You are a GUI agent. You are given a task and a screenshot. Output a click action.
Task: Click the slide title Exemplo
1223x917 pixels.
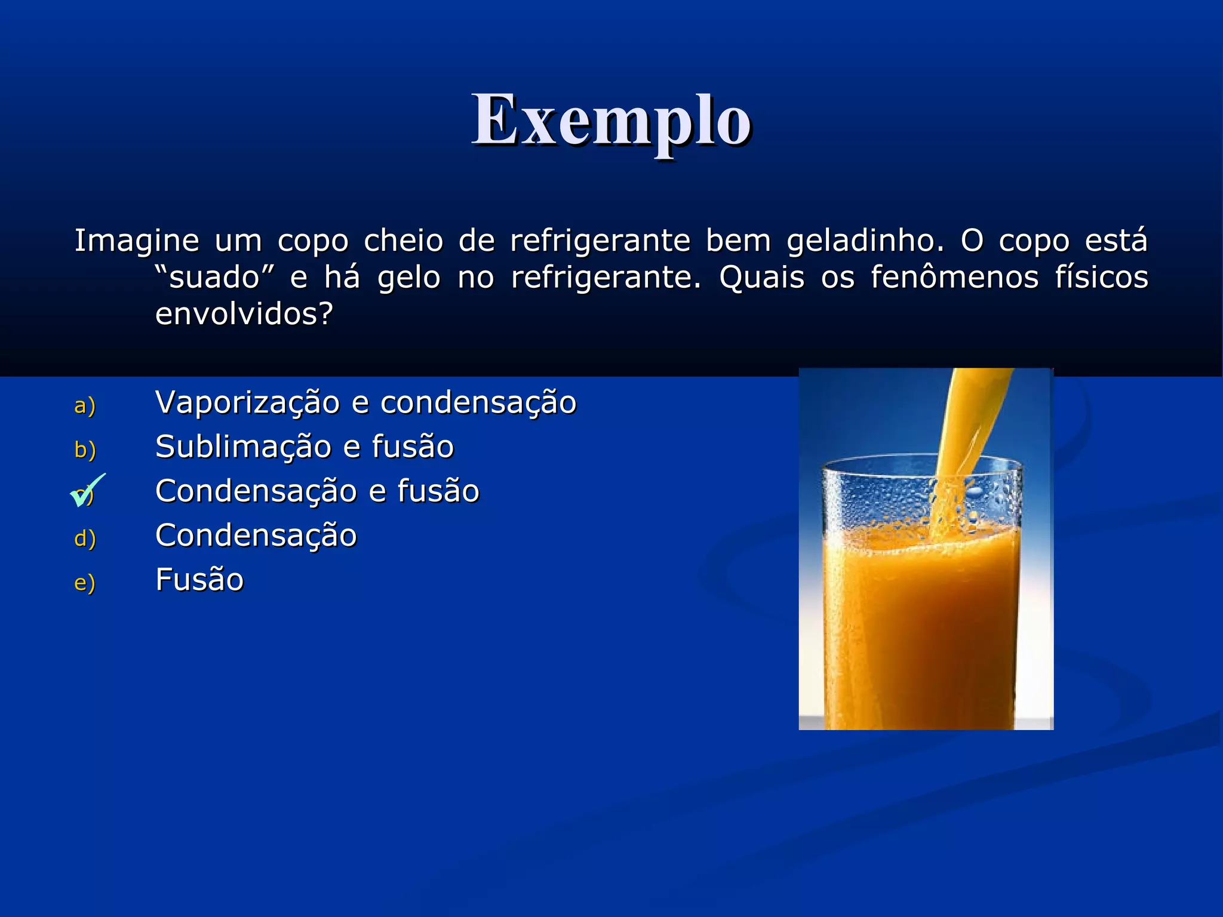coord(611,121)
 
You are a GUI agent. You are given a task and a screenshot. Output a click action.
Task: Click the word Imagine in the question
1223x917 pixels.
coord(136,241)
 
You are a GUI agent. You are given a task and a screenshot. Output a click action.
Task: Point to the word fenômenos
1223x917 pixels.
coord(954,278)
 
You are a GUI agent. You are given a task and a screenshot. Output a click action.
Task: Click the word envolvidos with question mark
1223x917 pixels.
coord(244,314)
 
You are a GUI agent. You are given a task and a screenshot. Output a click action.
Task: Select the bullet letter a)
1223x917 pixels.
coord(84,406)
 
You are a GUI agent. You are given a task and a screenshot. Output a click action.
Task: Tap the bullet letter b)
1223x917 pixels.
coord(84,450)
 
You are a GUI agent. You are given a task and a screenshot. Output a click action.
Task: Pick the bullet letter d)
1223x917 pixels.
coord(84,538)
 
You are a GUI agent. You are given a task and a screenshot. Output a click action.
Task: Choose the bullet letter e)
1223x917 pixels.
coord(84,583)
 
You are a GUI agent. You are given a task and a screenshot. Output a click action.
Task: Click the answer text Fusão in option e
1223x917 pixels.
coord(199,580)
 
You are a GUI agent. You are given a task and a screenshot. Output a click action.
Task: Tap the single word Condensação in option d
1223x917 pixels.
coord(256,536)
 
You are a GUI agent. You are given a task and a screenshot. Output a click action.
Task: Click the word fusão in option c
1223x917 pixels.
coord(438,491)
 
